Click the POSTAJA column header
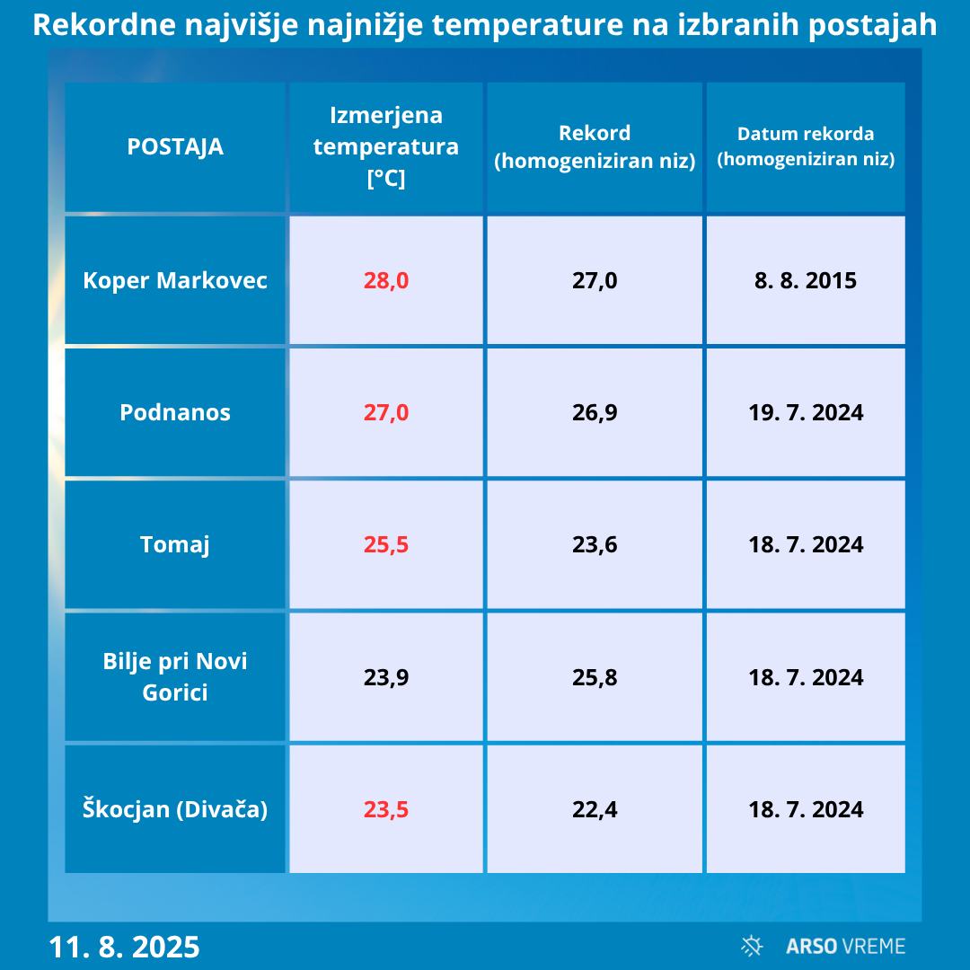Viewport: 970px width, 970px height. click(x=175, y=146)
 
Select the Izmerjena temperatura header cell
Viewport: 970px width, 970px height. click(x=386, y=146)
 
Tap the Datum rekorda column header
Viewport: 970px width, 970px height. click(x=806, y=146)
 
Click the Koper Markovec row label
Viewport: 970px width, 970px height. click(x=175, y=280)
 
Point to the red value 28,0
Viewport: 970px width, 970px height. click(x=386, y=280)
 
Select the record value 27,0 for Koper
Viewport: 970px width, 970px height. click(x=595, y=280)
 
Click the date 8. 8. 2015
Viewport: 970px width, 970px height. click(x=806, y=280)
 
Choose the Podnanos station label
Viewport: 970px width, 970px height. click(x=175, y=412)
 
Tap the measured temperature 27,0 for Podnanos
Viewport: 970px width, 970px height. click(x=386, y=412)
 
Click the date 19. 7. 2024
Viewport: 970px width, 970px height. click(x=806, y=412)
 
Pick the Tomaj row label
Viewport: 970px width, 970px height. click(x=175, y=544)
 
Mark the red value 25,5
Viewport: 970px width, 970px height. click(x=386, y=544)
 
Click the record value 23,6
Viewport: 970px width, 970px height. click(x=595, y=544)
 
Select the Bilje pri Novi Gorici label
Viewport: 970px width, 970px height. click(x=175, y=677)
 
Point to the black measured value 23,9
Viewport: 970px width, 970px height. click(x=386, y=677)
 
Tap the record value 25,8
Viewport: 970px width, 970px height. click(x=595, y=677)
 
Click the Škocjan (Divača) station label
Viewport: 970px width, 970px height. click(x=175, y=809)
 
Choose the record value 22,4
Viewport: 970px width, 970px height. click(x=595, y=809)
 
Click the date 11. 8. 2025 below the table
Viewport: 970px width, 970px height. click(x=124, y=947)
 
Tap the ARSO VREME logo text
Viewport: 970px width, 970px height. click(x=844, y=946)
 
